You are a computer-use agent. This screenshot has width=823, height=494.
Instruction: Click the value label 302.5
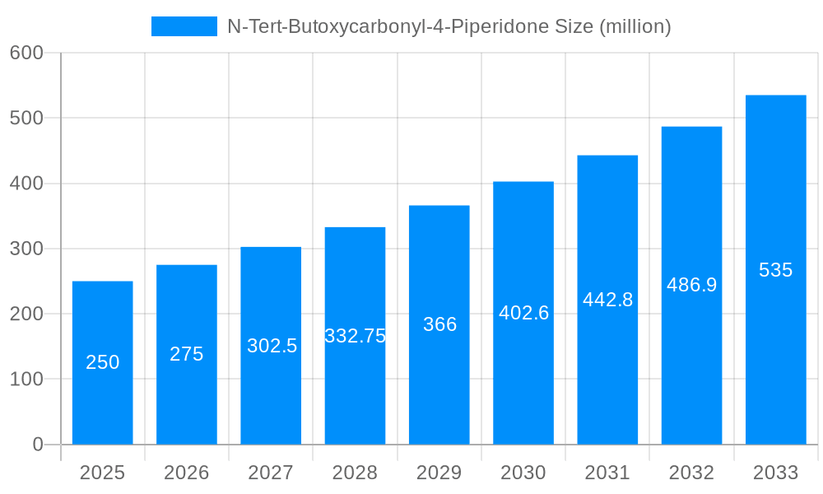(x=272, y=346)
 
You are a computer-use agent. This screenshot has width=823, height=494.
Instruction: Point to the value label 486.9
(x=691, y=285)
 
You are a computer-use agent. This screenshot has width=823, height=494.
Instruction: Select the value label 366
(x=439, y=324)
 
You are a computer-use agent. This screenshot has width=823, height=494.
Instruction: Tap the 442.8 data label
(x=607, y=300)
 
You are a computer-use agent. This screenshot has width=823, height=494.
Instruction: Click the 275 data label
(x=187, y=354)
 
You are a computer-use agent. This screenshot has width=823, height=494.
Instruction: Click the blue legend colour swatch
(x=184, y=26)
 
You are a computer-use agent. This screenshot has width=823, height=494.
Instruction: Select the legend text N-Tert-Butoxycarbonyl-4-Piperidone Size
(x=449, y=26)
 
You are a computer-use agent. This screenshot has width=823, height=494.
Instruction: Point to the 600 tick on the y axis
(x=26, y=53)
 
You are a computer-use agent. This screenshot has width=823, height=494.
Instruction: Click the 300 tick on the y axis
(x=26, y=249)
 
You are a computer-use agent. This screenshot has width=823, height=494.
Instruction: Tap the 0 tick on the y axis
(x=37, y=445)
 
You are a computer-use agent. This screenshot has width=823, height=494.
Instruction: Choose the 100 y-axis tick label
(x=26, y=380)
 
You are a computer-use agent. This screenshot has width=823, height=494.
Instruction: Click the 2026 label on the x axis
(x=187, y=473)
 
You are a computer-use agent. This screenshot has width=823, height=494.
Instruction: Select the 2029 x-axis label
(x=439, y=473)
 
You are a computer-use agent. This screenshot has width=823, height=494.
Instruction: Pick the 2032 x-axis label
(x=691, y=473)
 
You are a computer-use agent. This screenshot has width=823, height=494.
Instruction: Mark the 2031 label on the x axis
(x=607, y=473)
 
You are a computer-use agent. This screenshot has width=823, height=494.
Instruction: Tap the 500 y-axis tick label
(x=26, y=118)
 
